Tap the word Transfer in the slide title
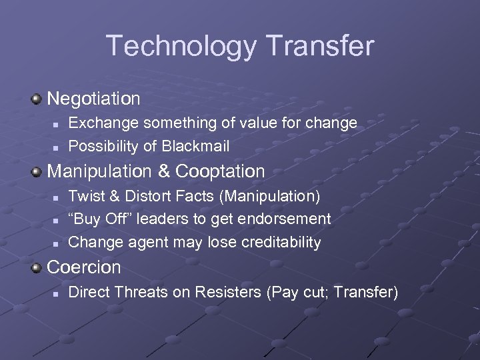tap(321, 45)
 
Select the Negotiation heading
tap(94, 99)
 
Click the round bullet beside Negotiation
tap(37, 99)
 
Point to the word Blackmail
tap(196, 145)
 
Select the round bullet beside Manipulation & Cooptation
tap(37, 171)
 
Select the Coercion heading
tap(84, 267)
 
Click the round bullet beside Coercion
tap(37, 267)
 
